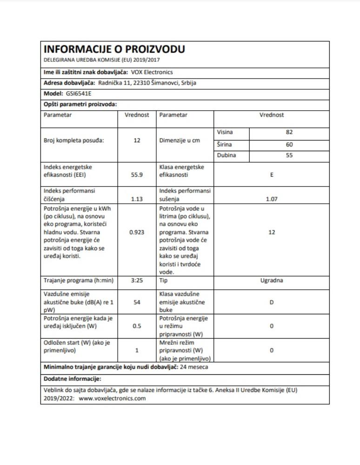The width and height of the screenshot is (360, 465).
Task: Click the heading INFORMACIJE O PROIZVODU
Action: coord(114,49)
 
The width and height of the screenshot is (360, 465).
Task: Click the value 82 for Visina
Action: coord(290,133)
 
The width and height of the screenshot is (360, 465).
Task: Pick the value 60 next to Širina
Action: coord(290,144)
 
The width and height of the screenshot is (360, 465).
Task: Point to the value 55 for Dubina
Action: coord(290,156)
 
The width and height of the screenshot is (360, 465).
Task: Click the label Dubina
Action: coord(227,156)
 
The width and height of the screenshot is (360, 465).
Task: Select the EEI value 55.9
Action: coord(137,176)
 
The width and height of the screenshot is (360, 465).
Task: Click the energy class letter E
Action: coord(272,176)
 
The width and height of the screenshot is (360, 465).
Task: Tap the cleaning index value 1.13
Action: coord(137,199)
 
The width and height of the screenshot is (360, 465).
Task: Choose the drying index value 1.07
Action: coord(272,199)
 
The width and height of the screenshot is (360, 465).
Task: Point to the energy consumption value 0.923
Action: coord(137,232)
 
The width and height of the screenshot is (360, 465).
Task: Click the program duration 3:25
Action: coord(137,281)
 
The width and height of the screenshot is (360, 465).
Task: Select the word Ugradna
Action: coord(272,281)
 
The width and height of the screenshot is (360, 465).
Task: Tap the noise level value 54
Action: coord(137,302)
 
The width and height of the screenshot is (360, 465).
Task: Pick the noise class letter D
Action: coord(272,302)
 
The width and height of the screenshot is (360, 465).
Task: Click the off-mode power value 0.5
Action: coord(137,326)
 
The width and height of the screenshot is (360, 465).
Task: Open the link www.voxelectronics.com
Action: coord(113,399)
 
